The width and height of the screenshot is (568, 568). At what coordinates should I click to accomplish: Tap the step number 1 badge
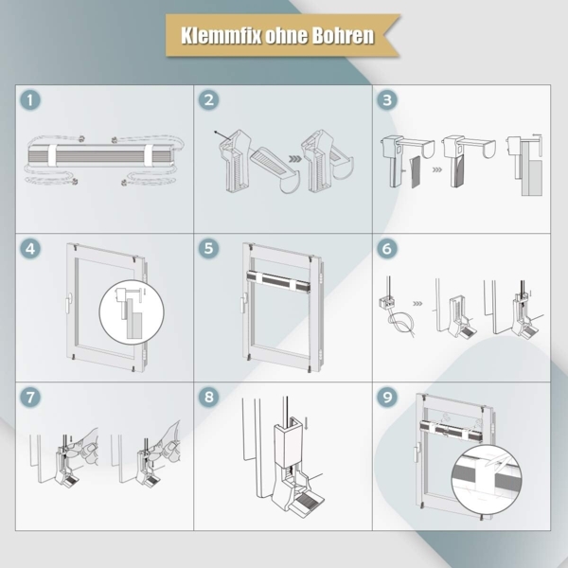click(x=33, y=101)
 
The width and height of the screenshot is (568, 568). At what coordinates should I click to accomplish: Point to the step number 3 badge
click(x=386, y=101)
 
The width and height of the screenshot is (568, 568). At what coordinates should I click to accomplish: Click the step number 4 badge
click(x=33, y=250)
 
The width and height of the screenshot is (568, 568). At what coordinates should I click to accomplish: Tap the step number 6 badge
click(x=386, y=250)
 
